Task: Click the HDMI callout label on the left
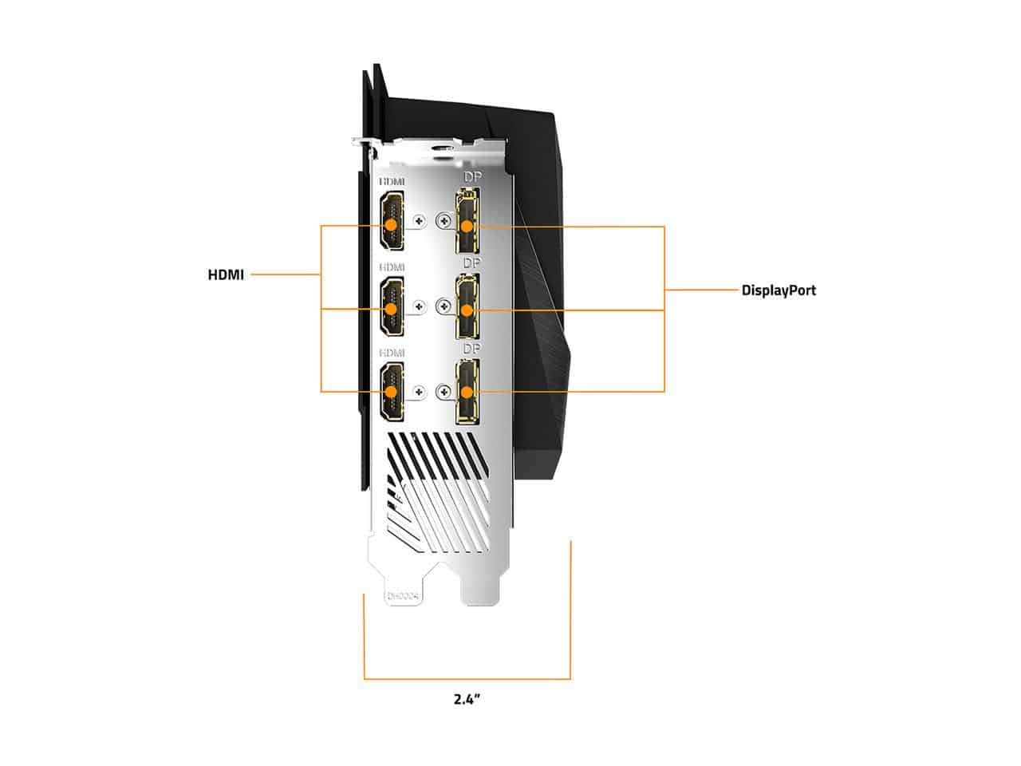226,275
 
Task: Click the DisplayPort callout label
779,290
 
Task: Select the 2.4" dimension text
466,700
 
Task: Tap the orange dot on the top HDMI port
391,225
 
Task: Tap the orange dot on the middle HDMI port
391,309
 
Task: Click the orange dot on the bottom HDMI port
391,392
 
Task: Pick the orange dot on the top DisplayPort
467,227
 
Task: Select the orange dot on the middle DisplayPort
467,310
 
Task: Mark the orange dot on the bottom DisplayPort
467,392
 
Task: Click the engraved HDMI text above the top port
392,183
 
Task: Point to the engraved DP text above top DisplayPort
473,176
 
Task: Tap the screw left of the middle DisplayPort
444,305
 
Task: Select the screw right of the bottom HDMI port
419,391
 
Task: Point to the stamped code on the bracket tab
403,596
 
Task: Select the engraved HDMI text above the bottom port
392,352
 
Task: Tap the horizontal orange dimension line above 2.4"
467,679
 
